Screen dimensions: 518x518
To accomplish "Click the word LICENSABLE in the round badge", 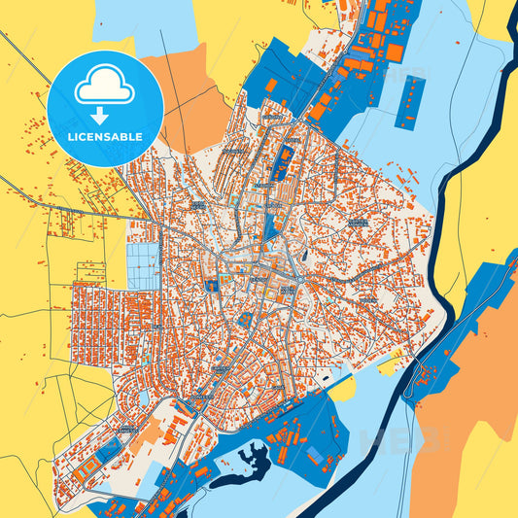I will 105,137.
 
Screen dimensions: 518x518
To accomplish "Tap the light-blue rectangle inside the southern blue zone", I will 316,455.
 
